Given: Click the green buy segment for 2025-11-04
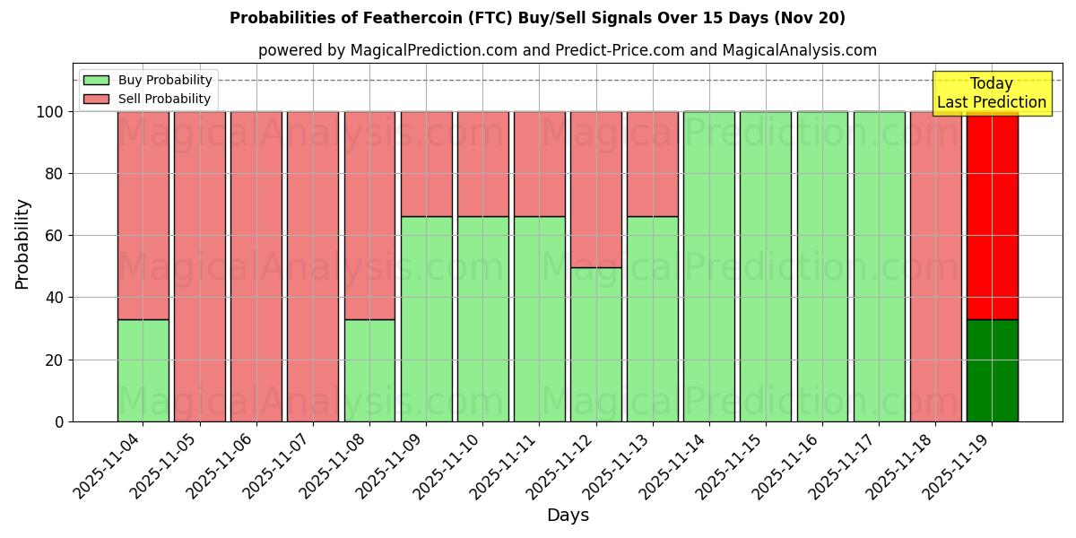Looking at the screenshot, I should coord(143,370).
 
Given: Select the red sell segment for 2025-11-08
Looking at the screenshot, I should coord(369,215).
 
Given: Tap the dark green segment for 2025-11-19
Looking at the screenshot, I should coord(992,370).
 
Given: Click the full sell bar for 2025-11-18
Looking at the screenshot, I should coord(935,266).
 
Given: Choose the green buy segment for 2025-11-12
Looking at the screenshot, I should coord(595,344).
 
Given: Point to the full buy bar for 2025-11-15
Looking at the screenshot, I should coord(766,266).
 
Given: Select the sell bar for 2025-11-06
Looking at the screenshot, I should coord(256,266).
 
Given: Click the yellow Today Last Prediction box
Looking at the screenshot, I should coord(992,93).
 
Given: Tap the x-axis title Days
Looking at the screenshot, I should coord(568,516).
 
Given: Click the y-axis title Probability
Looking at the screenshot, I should coord(22,244).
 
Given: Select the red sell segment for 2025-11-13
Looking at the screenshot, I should coord(652,164).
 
